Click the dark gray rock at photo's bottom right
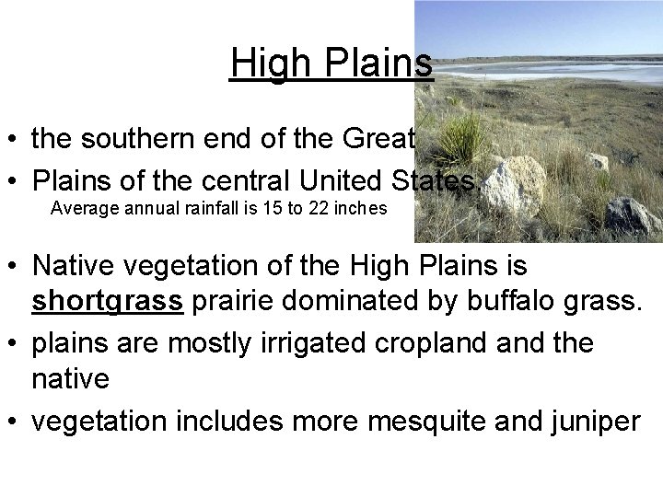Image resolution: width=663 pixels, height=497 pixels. click(x=632, y=216)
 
